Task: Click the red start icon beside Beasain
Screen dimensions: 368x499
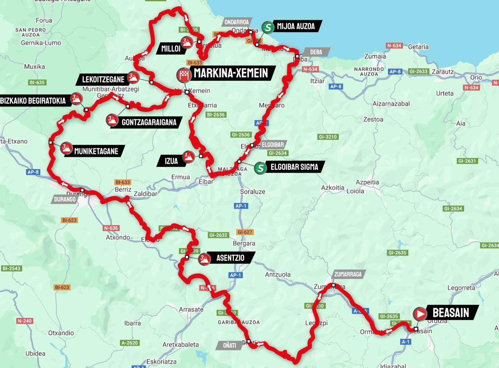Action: (x=420, y=314)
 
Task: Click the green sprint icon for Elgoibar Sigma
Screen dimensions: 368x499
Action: (x=260, y=168)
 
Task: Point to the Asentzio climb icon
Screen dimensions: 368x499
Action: (x=203, y=259)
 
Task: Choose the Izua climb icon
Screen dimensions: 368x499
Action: (x=189, y=157)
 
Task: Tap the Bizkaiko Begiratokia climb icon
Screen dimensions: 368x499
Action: (x=76, y=99)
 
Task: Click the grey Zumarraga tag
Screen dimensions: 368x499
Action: (x=349, y=274)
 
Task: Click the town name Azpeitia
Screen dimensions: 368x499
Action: (x=368, y=182)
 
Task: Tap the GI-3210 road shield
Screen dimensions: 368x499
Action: (x=328, y=136)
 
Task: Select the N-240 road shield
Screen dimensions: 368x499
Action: (x=25, y=321)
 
